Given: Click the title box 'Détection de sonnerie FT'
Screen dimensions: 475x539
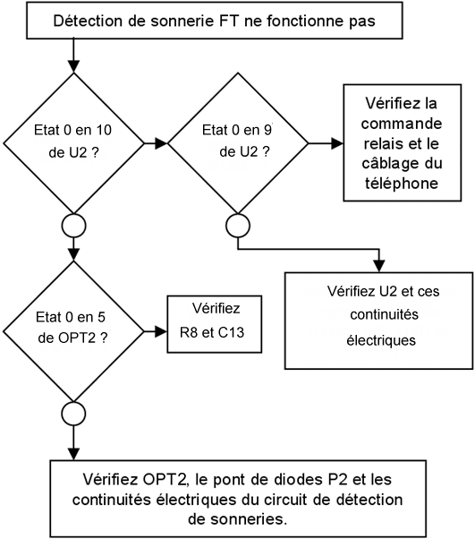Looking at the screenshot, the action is click(215, 21).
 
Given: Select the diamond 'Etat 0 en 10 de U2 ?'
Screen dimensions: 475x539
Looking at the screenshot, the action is click(73, 143).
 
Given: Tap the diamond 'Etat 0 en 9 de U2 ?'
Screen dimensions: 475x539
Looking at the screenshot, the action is click(238, 143).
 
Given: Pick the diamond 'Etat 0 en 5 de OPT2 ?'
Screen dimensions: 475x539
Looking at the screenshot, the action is click(73, 331).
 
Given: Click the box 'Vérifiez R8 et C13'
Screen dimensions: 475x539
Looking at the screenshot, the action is click(215, 324).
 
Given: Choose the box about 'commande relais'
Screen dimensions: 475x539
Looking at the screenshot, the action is click(403, 142).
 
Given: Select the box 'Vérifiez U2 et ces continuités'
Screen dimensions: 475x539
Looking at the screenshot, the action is click(378, 321).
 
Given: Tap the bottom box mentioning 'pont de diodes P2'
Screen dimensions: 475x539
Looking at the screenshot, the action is click(238, 499).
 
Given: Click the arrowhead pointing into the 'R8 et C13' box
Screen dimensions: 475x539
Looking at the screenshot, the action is click(161, 331).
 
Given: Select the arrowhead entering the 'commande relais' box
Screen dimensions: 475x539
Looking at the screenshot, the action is click(337, 143).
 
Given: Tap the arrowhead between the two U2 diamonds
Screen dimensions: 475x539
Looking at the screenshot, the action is click(161, 143).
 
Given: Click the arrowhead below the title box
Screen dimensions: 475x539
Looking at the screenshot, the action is click(73, 66).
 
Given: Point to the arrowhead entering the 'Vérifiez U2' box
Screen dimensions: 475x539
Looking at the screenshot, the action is click(379, 267).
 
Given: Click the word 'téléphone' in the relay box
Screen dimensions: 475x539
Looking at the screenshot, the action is click(402, 184).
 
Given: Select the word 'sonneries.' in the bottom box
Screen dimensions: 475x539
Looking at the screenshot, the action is click(238, 519).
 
